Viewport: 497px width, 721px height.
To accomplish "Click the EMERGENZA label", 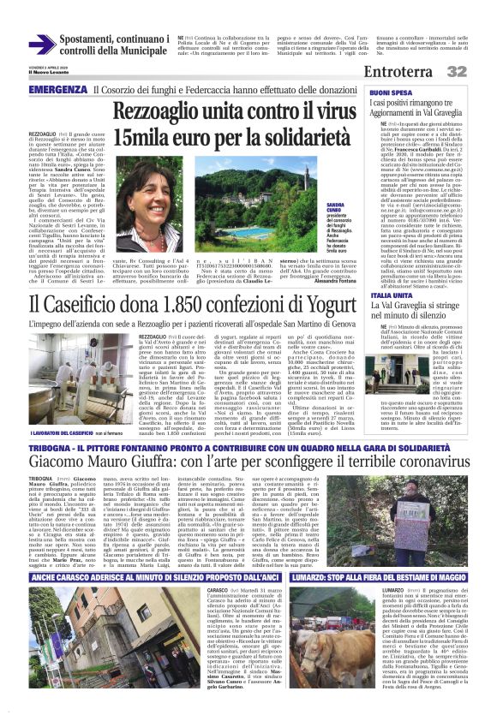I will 57,90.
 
